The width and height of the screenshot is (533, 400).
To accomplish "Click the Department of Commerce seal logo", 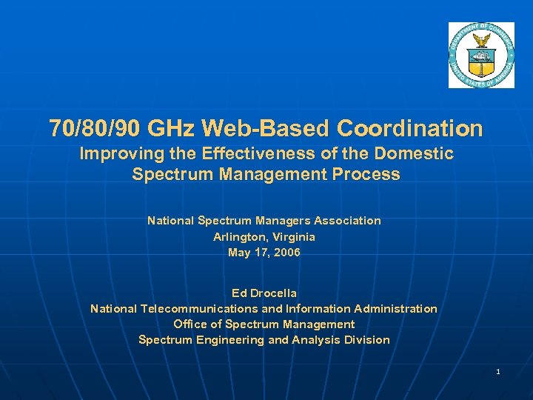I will pyautogui.click(x=480, y=56).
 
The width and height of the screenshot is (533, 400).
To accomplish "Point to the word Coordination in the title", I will pyautogui.click(x=410, y=129).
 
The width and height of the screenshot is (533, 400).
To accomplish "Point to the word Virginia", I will pyautogui.click(x=295, y=237).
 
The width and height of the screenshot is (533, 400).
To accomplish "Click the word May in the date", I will pyautogui.click(x=240, y=253).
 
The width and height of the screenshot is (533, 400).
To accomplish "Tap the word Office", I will pyautogui.click(x=192, y=324).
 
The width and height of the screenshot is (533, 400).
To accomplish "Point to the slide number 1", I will pyautogui.click(x=498, y=371).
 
